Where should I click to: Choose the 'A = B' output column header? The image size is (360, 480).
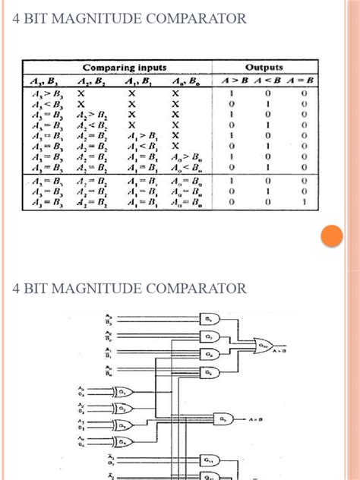pyautogui.click(x=302, y=81)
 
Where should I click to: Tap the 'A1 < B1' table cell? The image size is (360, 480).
pyautogui.click(x=141, y=146)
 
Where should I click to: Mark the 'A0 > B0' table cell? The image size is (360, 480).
pyautogui.click(x=187, y=156)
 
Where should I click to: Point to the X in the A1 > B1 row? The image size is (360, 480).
pyautogui.click(x=176, y=135)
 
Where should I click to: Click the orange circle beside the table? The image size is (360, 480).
pyautogui.click(x=331, y=237)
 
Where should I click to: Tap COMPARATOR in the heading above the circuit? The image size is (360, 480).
pyautogui.click(x=202, y=289)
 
